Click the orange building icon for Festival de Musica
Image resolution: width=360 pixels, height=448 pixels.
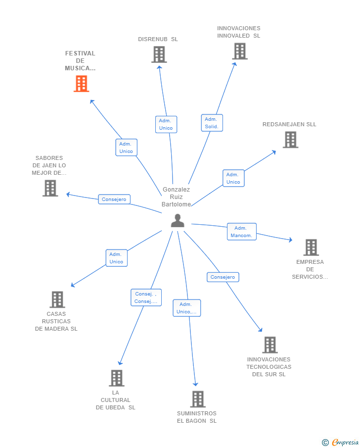pyautogui.click(x=82, y=84)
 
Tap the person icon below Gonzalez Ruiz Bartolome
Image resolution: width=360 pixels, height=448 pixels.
pyautogui.click(x=178, y=221)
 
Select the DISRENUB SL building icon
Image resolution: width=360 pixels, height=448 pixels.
pyautogui.click(x=159, y=54)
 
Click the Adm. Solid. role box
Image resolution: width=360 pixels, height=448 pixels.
pyautogui.click(x=212, y=123)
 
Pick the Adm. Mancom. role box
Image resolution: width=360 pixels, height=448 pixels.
pyautogui.click(x=241, y=232)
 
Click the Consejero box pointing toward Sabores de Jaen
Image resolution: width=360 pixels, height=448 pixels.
pyautogui.click(x=114, y=199)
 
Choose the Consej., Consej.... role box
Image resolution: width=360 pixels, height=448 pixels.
pyautogui.click(x=146, y=298)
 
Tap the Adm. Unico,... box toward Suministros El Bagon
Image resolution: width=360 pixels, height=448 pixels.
pyautogui.click(x=187, y=308)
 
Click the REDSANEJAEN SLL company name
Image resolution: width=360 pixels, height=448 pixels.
pyautogui.click(x=289, y=124)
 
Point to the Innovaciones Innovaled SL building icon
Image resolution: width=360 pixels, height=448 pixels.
pyautogui.click(x=240, y=51)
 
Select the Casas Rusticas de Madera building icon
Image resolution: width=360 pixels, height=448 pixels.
pyautogui.click(x=57, y=299)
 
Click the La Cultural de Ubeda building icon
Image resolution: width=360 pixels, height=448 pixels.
pyautogui.click(x=117, y=378)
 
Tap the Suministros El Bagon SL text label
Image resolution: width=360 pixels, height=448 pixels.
pyautogui.click(x=197, y=417)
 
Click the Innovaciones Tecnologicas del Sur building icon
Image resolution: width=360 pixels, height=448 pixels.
pyautogui.click(x=270, y=345)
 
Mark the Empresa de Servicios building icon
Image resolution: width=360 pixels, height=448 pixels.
pyautogui.click(x=311, y=248)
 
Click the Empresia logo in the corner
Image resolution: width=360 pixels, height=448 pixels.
pyautogui.click(x=340, y=442)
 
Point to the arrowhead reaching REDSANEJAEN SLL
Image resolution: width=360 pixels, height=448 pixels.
pyautogui.click(x=274, y=152)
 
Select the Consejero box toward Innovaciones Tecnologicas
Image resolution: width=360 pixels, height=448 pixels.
pyautogui.click(x=223, y=277)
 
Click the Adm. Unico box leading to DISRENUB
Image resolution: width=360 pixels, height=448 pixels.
pyautogui.click(x=166, y=124)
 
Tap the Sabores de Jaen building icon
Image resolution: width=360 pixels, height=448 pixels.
pyautogui.click(x=50, y=188)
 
